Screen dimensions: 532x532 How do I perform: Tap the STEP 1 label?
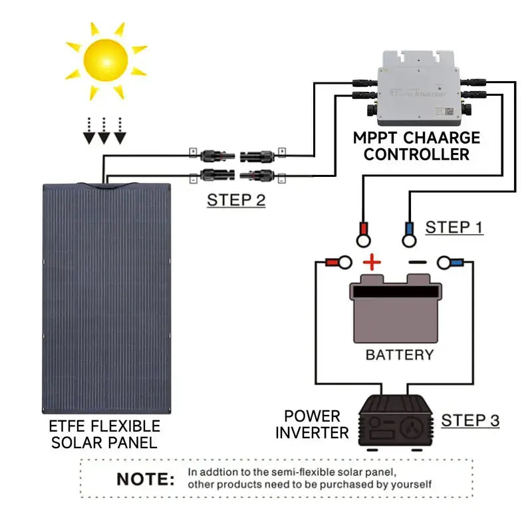pyautogui.click(x=454, y=227)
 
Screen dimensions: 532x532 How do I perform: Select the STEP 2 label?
pyautogui.click(x=236, y=199)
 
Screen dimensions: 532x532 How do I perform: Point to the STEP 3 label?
pyautogui.click(x=470, y=420)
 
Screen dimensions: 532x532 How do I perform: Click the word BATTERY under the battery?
pyautogui.click(x=399, y=354)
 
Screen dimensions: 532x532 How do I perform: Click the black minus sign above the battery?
pyautogui.click(x=418, y=263)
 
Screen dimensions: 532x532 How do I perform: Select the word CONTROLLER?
pyautogui.click(x=416, y=155)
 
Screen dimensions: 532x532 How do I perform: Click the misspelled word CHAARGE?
pyautogui.click(x=440, y=138)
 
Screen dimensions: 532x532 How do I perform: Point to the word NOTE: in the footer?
pyautogui.click(x=146, y=479)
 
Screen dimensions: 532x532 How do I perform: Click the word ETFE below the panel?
pyautogui.click(x=68, y=426)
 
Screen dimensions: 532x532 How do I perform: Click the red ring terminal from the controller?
pyautogui.click(x=363, y=233)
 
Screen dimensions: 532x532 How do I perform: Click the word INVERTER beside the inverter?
pyautogui.click(x=312, y=433)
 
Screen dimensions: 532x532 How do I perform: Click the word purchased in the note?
pyautogui.click(x=341, y=485)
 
